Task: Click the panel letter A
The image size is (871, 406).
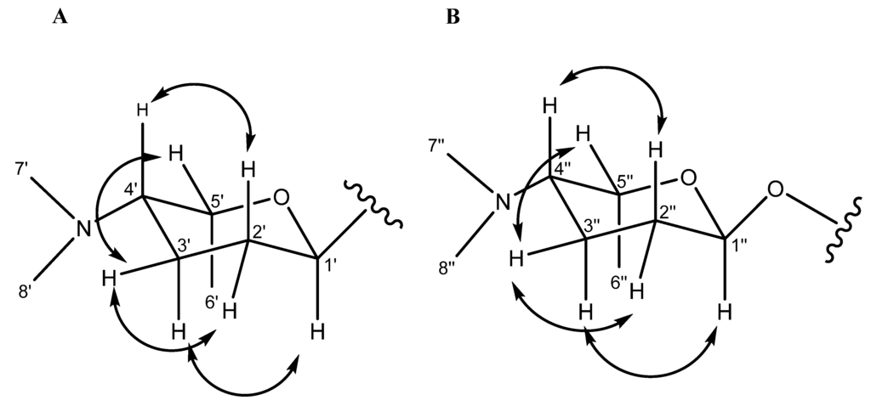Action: click(x=60, y=18)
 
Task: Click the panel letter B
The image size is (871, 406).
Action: click(x=453, y=18)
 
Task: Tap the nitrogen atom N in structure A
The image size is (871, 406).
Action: click(x=83, y=228)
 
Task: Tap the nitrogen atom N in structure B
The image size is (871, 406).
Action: click(x=504, y=202)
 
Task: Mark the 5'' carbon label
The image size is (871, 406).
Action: click(x=625, y=181)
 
